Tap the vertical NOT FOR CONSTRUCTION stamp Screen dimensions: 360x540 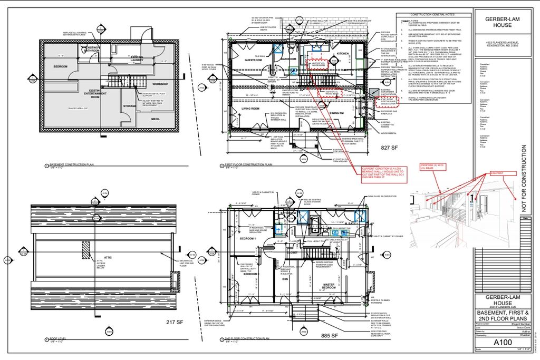pos(524,179)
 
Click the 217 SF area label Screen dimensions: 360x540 pos(174,323)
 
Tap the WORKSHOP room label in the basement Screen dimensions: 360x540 pos(160,84)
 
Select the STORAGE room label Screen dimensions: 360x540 pos(130,106)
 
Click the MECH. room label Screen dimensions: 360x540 pos(156,119)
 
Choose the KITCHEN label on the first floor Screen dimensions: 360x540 pos(343,54)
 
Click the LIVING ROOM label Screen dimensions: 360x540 pos(250,109)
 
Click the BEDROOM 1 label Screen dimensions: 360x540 pos(248,239)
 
